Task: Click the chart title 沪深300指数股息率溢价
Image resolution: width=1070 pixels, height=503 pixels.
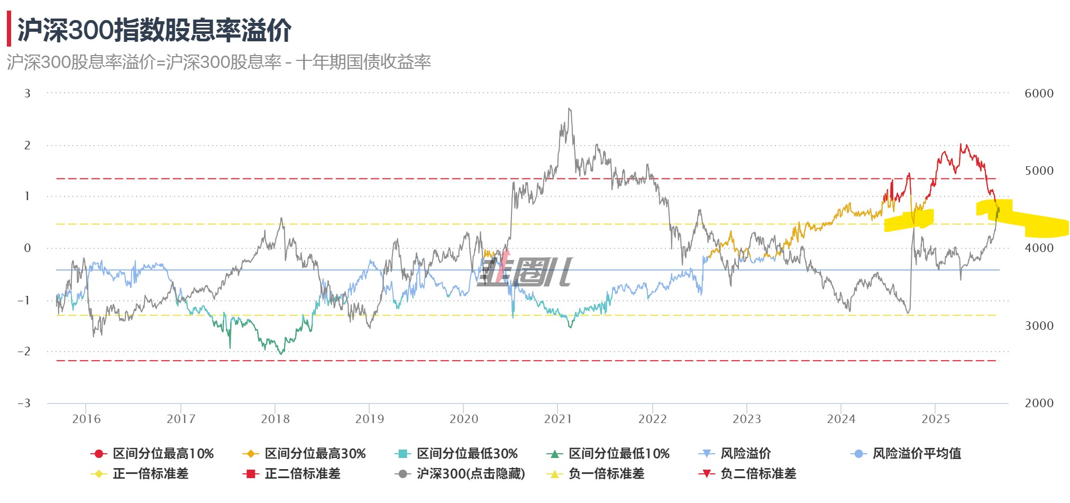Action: tap(154, 30)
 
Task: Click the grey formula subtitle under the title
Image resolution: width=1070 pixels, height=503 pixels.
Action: tap(219, 62)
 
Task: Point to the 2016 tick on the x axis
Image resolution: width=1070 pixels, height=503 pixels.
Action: tap(86, 419)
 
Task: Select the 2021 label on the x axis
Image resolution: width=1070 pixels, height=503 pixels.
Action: tap(558, 419)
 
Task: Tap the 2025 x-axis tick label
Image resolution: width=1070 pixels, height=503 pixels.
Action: tap(936, 419)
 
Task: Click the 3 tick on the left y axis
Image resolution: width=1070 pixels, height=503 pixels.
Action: tap(28, 93)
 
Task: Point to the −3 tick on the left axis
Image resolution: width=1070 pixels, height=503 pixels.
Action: tap(24, 403)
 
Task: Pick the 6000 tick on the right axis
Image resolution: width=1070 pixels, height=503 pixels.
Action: tap(1039, 93)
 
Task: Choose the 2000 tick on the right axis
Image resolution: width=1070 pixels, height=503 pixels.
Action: tap(1039, 403)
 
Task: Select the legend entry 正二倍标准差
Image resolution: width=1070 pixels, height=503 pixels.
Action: tap(302, 474)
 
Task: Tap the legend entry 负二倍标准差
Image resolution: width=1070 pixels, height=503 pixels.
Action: tap(758, 474)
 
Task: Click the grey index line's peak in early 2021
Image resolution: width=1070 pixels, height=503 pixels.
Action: tap(569, 109)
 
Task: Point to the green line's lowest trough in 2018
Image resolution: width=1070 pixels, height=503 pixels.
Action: tap(281, 354)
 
